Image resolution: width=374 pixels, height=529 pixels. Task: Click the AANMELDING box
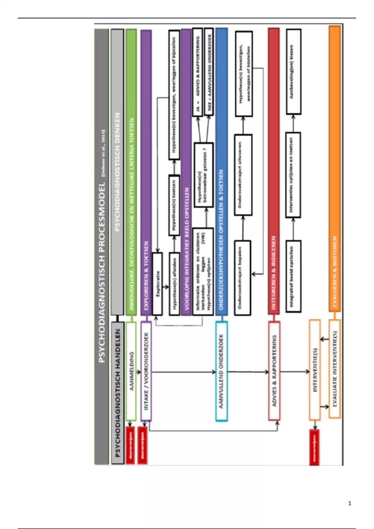click(131, 371)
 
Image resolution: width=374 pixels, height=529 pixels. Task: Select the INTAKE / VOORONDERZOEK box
click(146, 371)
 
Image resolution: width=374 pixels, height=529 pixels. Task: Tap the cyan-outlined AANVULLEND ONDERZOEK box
click(221, 371)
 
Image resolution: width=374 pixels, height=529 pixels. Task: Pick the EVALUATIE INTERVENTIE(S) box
click(334, 369)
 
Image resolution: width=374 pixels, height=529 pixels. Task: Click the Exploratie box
click(157, 283)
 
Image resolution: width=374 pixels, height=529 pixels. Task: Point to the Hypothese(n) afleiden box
click(175, 283)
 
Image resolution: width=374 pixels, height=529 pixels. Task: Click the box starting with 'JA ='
click(198, 72)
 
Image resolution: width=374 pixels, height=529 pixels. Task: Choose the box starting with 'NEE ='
click(209, 72)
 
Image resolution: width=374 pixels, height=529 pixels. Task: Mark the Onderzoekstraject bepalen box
click(242, 278)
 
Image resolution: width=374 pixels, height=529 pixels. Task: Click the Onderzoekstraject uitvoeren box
click(243, 175)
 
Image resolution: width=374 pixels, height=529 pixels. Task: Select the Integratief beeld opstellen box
click(293, 276)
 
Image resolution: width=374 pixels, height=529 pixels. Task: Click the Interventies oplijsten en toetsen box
click(293, 175)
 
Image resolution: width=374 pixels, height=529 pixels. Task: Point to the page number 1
click(350, 503)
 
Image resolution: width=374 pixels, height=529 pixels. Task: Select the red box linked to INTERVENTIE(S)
click(314, 447)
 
